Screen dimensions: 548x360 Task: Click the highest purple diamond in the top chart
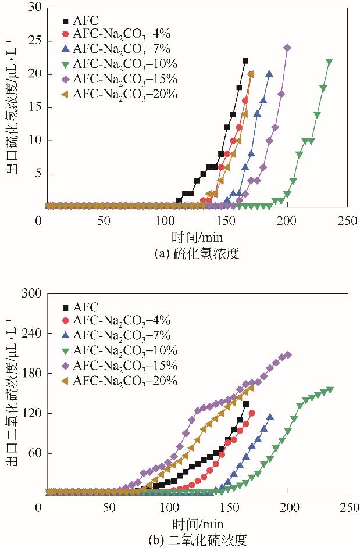click(x=287, y=48)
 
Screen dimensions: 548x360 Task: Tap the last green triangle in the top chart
click(x=330, y=61)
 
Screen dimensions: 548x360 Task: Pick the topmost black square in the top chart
click(x=245, y=60)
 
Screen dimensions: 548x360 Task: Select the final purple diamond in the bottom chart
click(x=288, y=354)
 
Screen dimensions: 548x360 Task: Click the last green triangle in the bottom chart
click(x=330, y=390)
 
